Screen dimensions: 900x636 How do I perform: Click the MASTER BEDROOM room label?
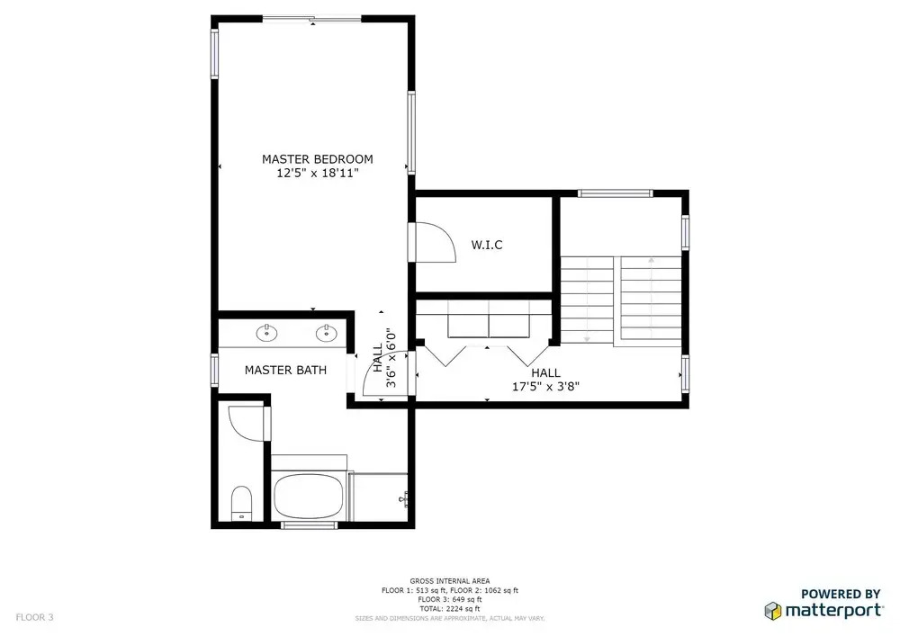318,159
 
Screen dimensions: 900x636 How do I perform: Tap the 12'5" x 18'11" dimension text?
318,174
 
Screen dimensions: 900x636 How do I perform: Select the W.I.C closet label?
487,245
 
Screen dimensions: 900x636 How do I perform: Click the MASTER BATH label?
285,370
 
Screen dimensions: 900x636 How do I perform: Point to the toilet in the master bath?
241,502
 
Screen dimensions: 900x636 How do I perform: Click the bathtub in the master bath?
308,496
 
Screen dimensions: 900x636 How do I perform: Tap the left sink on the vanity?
266,333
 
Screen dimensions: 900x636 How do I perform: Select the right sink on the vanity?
327,333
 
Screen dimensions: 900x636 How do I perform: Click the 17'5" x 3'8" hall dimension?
546,387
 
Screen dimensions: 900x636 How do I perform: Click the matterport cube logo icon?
772,611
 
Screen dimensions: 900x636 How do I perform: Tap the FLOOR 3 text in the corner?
34,618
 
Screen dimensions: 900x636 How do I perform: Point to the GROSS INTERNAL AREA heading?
449,581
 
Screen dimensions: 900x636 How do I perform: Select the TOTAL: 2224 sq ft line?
449,608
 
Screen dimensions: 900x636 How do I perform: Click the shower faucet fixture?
403,499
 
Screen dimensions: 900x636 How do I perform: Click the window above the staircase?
615,193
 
